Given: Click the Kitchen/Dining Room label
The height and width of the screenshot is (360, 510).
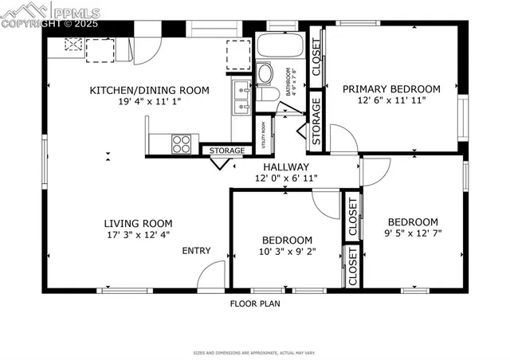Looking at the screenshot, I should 150,91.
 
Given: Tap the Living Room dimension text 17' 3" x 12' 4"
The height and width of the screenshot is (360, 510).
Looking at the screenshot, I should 138,235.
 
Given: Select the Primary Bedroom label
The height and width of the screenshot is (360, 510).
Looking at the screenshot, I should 391,88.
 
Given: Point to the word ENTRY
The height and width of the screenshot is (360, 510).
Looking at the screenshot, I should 196,251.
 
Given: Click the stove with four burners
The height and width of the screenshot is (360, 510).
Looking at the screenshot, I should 182,144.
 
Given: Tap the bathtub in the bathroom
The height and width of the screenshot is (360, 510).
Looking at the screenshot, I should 279,47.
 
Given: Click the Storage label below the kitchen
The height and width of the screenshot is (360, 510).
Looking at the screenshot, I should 226,150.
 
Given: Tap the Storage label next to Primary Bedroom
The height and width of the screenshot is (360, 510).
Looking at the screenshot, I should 316,121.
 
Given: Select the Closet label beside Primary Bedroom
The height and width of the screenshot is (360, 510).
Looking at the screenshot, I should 316,57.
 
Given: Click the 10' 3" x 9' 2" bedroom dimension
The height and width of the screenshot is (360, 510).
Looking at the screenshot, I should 286,251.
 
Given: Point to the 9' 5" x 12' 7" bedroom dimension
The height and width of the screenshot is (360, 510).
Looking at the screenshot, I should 413,233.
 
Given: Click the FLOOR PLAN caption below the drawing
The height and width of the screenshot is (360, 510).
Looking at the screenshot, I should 255,303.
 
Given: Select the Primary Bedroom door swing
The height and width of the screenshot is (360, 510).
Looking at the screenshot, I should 343,139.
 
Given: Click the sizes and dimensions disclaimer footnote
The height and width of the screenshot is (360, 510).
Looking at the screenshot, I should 255,351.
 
